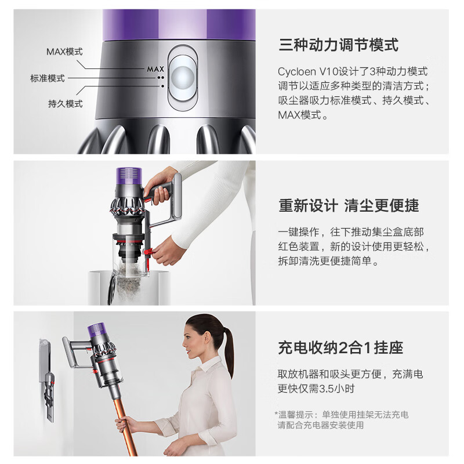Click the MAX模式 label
64,52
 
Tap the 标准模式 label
48,78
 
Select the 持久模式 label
65,104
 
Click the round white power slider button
182,77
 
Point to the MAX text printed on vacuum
155,69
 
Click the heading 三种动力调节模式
339,45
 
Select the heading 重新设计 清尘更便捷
349,205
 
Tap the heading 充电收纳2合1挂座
340,348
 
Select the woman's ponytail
229,348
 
